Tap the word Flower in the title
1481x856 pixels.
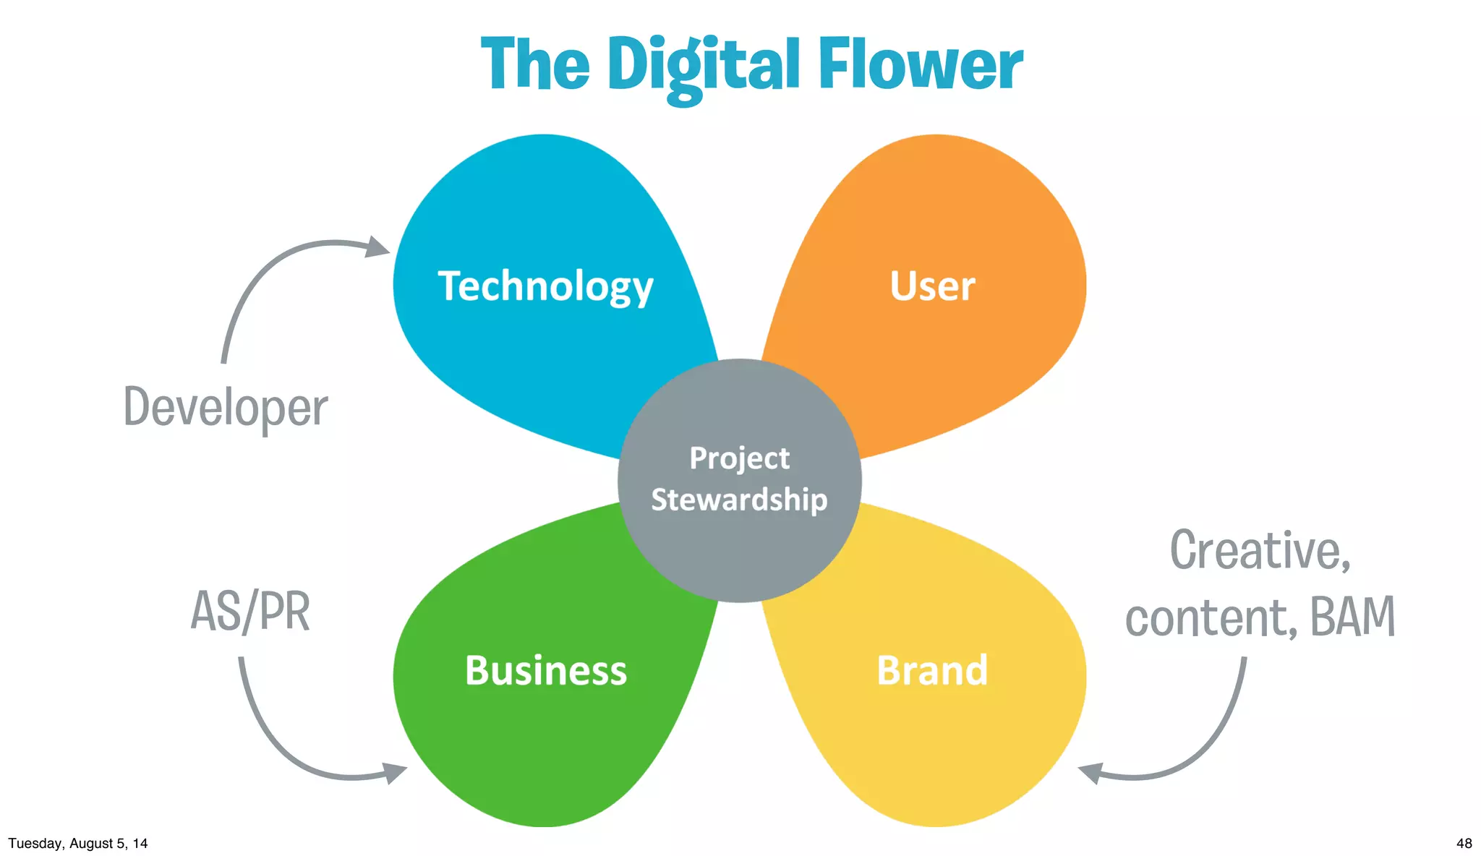(920, 65)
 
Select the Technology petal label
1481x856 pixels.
(545, 286)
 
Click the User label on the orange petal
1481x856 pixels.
(932, 286)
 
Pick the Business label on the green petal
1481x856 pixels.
(546, 670)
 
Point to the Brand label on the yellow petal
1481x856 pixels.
(932, 670)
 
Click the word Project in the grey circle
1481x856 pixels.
(739, 458)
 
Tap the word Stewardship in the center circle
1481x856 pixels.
(739, 500)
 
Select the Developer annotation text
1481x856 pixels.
(226, 408)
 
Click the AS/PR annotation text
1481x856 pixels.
(250, 612)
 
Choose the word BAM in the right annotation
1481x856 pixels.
(1352, 617)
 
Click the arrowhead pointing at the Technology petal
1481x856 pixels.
(377, 247)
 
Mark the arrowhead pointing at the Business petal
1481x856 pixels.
(394, 773)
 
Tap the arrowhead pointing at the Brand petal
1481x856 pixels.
(1091, 772)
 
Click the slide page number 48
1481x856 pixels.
(1464, 843)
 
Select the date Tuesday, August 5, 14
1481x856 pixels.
(78, 843)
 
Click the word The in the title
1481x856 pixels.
(535, 65)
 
